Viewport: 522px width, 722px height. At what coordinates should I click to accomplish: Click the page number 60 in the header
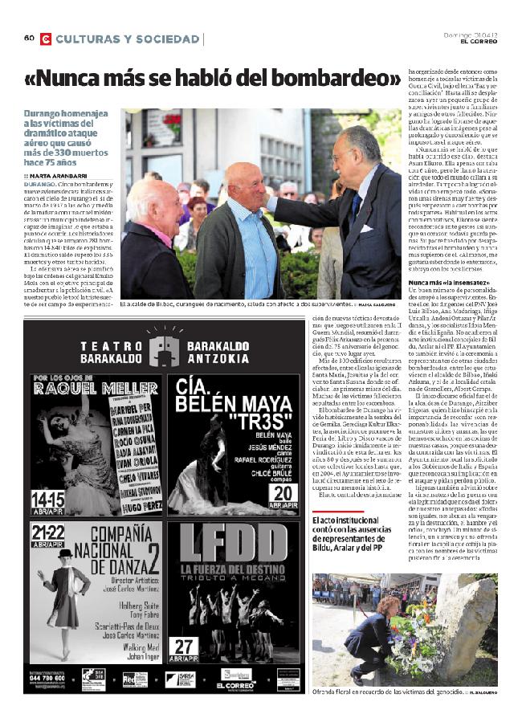pos(29,39)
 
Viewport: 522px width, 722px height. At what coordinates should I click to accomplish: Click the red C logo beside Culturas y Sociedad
pos(46,39)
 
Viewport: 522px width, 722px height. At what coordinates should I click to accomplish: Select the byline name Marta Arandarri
pos(59,175)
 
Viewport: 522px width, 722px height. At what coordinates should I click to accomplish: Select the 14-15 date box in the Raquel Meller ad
pos(47,499)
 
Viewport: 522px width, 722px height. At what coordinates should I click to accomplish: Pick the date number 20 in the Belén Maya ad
pos(285,493)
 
